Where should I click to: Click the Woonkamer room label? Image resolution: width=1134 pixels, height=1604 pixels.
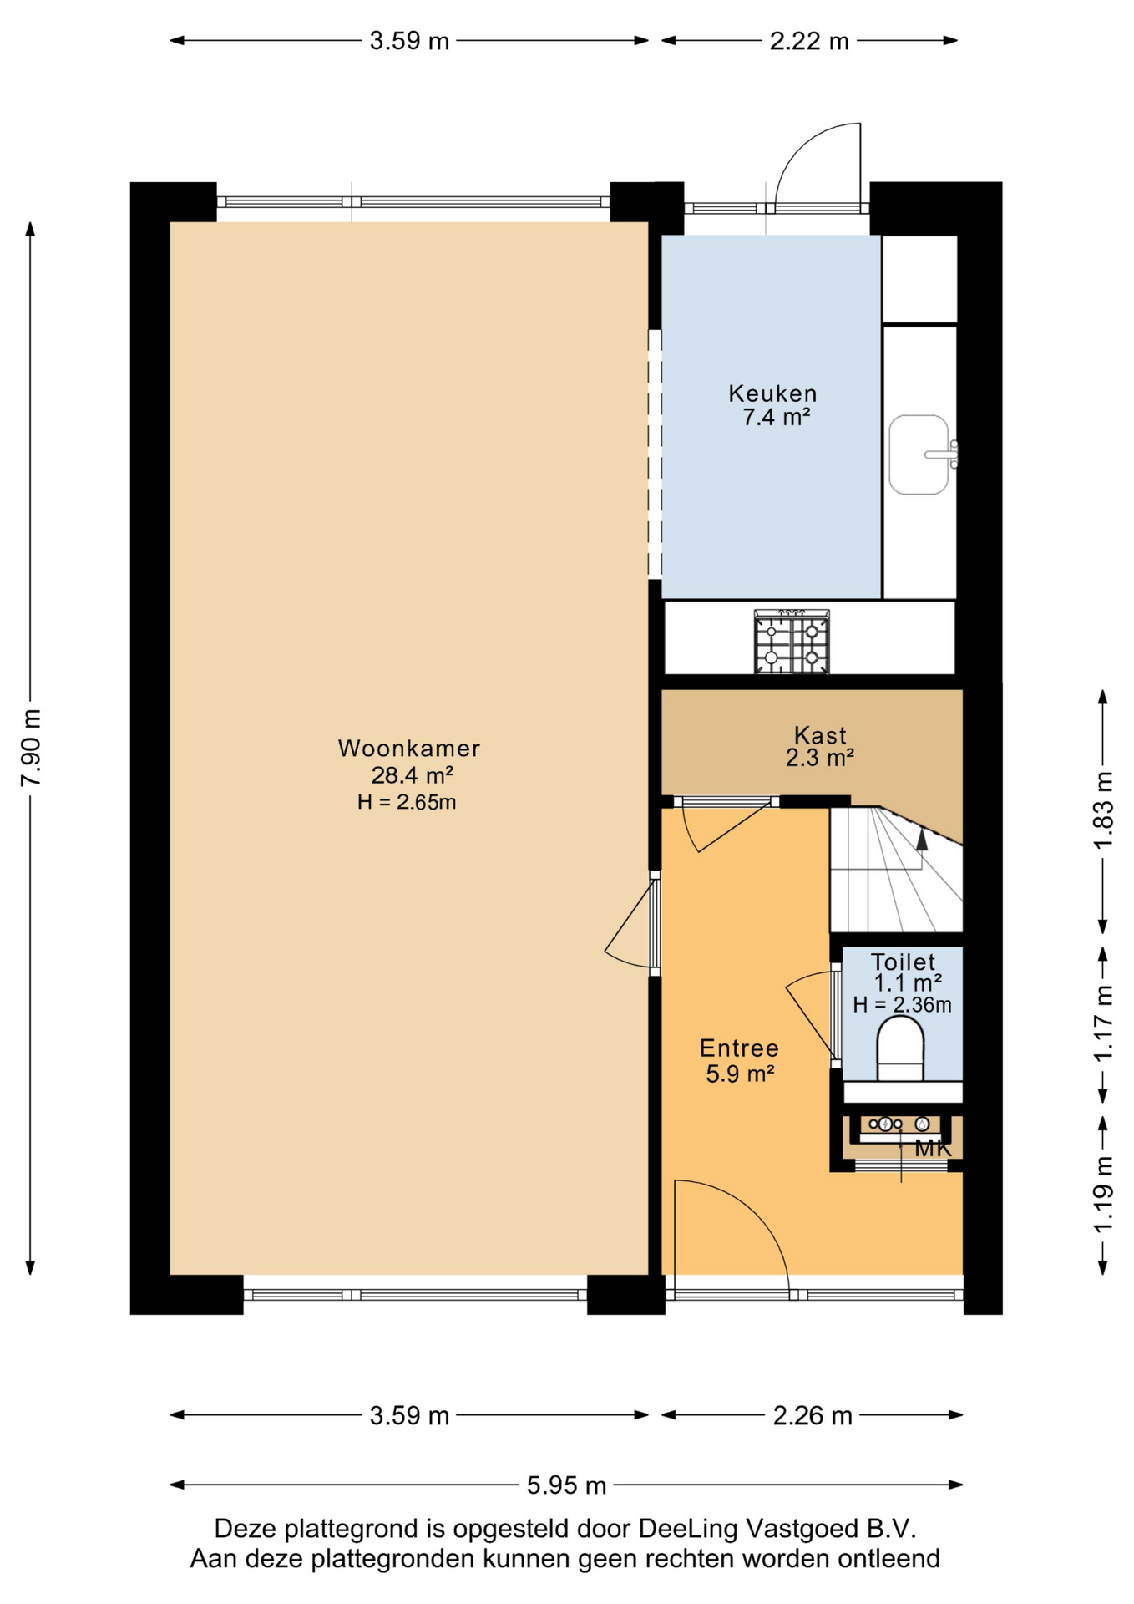(408, 748)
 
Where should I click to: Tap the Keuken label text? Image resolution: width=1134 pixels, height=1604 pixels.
(772, 393)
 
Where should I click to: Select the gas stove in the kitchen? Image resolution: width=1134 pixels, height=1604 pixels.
(792, 642)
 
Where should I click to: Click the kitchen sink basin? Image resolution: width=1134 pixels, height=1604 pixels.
(919, 454)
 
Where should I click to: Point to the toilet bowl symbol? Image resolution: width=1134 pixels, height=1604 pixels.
(900, 1048)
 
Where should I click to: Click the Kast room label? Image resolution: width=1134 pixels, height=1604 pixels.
(820, 735)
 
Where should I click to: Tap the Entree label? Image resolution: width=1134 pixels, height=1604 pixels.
(739, 1048)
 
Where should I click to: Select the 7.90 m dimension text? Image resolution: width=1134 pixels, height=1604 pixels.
(31, 748)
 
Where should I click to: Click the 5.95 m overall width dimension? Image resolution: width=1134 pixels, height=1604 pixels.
(566, 1485)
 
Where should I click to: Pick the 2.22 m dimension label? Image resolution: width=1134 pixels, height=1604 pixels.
(809, 41)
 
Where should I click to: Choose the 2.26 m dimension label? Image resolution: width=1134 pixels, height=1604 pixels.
(813, 1415)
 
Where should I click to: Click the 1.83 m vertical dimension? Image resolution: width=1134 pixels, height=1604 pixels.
(1104, 810)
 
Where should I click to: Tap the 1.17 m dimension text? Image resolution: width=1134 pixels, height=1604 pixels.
(1104, 1023)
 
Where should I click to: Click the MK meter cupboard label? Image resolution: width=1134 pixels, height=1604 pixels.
(933, 1148)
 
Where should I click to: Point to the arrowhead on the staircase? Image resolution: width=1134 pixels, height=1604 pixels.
(922, 840)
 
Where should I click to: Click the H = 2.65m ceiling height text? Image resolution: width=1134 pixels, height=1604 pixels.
(407, 802)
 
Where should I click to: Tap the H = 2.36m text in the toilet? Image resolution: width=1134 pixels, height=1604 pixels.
(902, 1004)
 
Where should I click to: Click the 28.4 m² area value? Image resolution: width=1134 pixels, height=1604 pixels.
(412, 775)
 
